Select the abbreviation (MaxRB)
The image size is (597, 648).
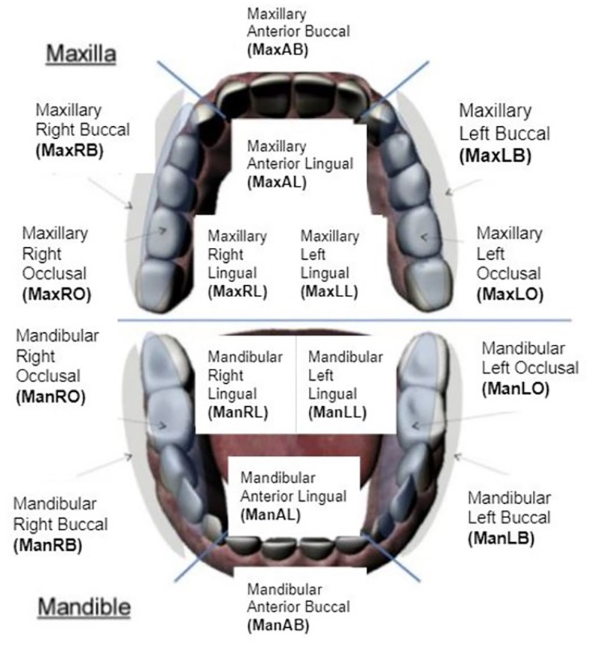(x=68, y=149)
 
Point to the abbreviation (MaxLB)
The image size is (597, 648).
(x=496, y=155)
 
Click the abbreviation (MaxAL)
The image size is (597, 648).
(x=276, y=181)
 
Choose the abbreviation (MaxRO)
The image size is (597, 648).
(x=57, y=293)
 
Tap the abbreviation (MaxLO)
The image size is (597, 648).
(x=510, y=293)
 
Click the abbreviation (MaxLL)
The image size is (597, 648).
(x=329, y=291)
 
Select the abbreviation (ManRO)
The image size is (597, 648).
(x=50, y=397)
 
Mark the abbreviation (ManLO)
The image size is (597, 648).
(x=516, y=387)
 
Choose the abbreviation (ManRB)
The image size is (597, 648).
(x=47, y=544)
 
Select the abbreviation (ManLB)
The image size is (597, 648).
(x=500, y=537)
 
